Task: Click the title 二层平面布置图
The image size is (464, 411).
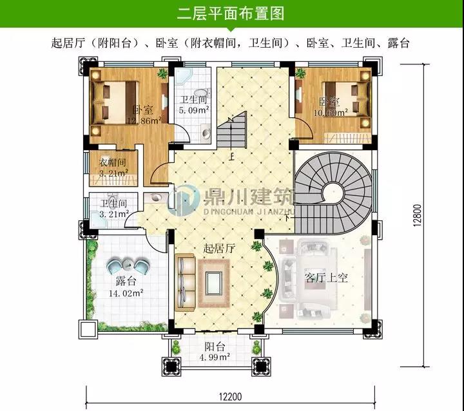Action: (x=231, y=14)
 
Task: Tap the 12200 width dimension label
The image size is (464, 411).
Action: (x=231, y=396)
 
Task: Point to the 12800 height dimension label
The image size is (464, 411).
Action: (x=417, y=215)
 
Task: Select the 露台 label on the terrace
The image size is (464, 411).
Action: (x=126, y=281)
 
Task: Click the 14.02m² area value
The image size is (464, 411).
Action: (x=126, y=293)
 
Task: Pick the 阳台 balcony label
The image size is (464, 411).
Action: (x=215, y=347)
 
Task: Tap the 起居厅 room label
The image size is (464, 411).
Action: (x=219, y=249)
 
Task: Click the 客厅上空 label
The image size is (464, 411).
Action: (x=326, y=278)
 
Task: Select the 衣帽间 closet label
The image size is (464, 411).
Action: (x=112, y=162)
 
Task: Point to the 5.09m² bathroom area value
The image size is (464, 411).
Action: (x=194, y=110)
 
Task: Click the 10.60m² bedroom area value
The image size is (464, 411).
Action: (x=331, y=113)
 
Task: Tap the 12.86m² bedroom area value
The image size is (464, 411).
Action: (x=144, y=120)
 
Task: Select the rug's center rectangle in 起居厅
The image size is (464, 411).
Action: (x=214, y=283)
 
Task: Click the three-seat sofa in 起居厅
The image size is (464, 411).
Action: (x=186, y=283)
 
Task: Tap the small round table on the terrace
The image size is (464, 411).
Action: (x=128, y=264)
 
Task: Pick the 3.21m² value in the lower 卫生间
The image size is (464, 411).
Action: (x=114, y=214)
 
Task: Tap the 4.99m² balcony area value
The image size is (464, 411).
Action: (x=215, y=357)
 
